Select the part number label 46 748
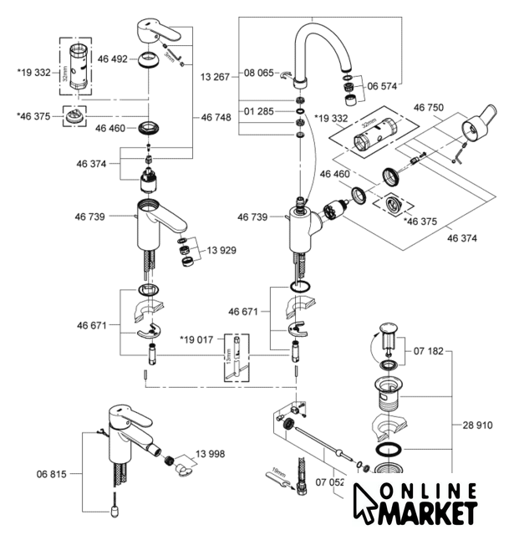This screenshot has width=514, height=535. coord(216,119)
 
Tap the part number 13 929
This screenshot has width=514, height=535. coord(223,251)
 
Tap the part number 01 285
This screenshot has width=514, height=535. coord(259,110)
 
